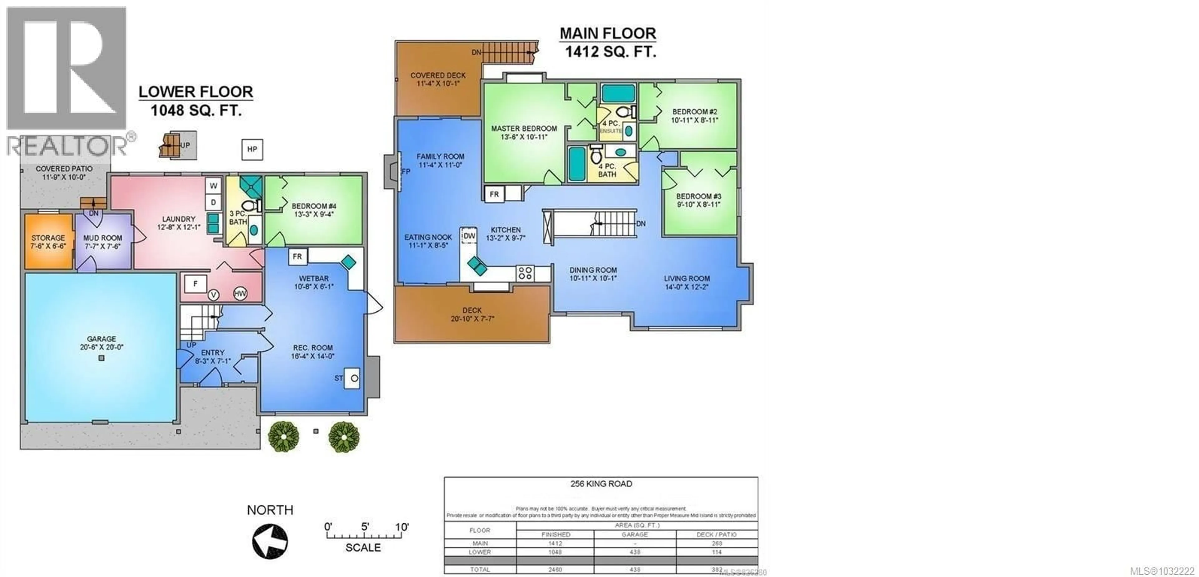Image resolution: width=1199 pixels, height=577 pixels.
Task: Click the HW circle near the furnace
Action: coord(240,294)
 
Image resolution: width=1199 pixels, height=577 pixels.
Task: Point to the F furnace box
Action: coord(195,283)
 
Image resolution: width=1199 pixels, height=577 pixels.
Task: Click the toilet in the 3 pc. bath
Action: coord(249,205)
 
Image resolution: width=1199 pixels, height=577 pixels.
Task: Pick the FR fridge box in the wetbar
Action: coord(298,257)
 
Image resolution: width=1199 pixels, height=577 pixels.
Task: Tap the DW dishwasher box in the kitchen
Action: coord(469,236)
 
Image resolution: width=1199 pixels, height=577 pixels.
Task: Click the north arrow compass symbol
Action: coord(270,541)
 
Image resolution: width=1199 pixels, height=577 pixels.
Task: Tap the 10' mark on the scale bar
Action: coord(401,527)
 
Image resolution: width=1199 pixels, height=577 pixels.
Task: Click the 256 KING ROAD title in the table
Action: coord(601,484)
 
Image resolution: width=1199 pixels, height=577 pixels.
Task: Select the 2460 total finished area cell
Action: coord(555,569)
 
